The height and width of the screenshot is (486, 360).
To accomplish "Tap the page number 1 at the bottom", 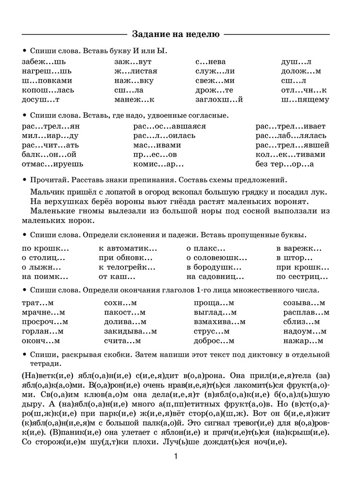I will pyautogui.click(x=176, y=456).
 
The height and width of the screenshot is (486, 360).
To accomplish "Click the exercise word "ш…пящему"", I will pyautogui.click(x=305, y=100).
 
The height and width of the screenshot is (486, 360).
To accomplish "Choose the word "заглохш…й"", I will pyautogui.click(x=219, y=100).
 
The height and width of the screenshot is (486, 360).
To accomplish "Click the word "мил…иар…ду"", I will pyautogui.click(x=50, y=136).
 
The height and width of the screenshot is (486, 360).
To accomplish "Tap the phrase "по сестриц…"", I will pyautogui.click(x=302, y=277).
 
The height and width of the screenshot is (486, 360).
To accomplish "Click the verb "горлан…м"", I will pyautogui.click(x=43, y=331).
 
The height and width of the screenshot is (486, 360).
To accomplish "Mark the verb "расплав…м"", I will pyautogui.click(x=306, y=312).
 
